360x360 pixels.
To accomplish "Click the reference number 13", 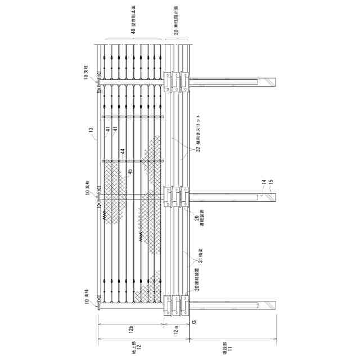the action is (x=91, y=130).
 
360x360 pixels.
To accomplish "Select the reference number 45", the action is (x=129, y=172).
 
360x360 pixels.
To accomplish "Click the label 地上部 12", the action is (x=133, y=346).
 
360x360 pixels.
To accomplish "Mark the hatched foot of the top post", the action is (x=273, y=82).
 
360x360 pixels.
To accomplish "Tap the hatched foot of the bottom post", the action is (x=273, y=305).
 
